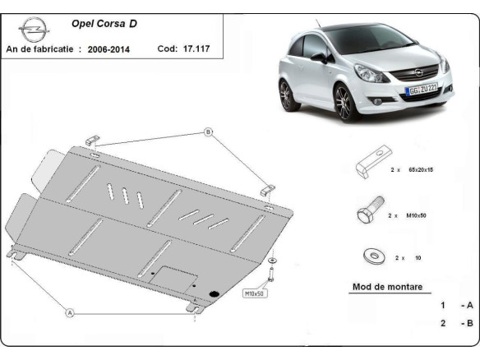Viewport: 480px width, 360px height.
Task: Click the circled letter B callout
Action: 208,132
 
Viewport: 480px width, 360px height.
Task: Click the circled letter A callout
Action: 70,312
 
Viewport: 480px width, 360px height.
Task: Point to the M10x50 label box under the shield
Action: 254,293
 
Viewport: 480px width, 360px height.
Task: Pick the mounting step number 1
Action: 443,305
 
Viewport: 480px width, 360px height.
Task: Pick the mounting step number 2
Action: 443,323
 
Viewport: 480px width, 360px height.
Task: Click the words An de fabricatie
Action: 42,49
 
